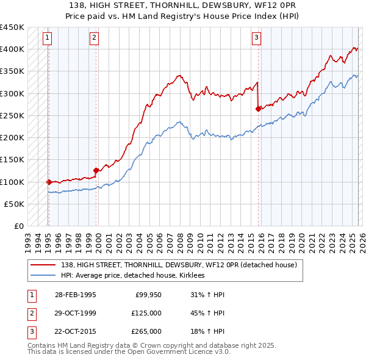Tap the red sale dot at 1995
pos(49,181)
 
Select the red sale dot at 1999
pos(96,170)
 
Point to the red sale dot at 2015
pos(258,109)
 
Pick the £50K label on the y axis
pos(14,204)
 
